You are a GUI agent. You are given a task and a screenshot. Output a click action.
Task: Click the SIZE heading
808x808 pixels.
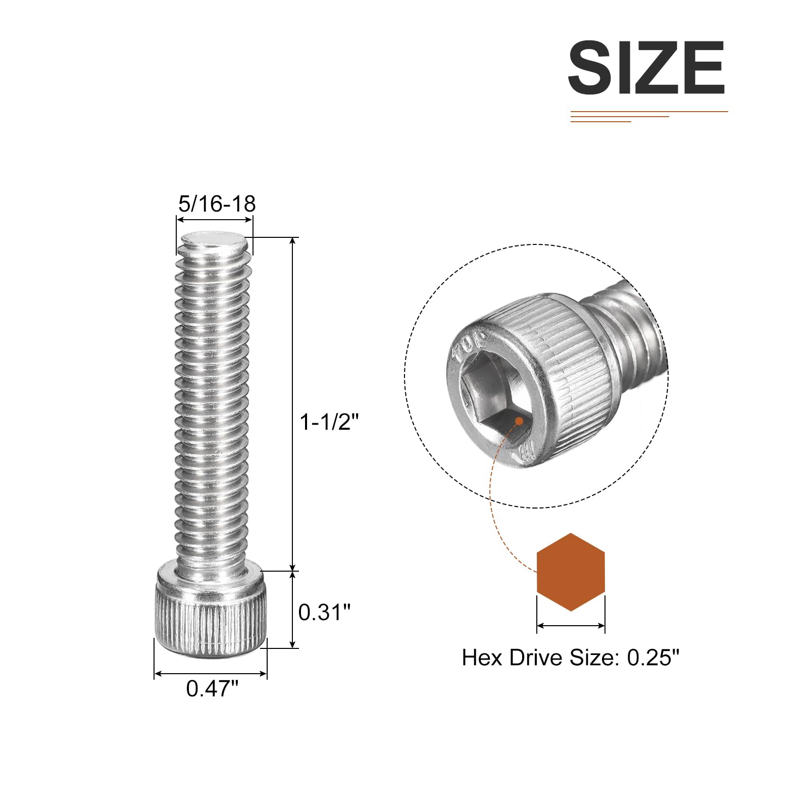pos(646,68)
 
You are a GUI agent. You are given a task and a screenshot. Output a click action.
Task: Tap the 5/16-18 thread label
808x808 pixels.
pos(217,204)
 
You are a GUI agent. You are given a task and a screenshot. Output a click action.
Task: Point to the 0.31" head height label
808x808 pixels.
pos(324,612)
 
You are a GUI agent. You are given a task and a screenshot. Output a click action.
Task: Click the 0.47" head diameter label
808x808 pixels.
pos(212,689)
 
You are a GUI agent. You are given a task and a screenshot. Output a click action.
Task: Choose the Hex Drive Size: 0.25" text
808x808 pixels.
pos(571,658)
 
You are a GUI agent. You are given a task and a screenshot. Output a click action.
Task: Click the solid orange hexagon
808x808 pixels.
pos(571,572)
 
